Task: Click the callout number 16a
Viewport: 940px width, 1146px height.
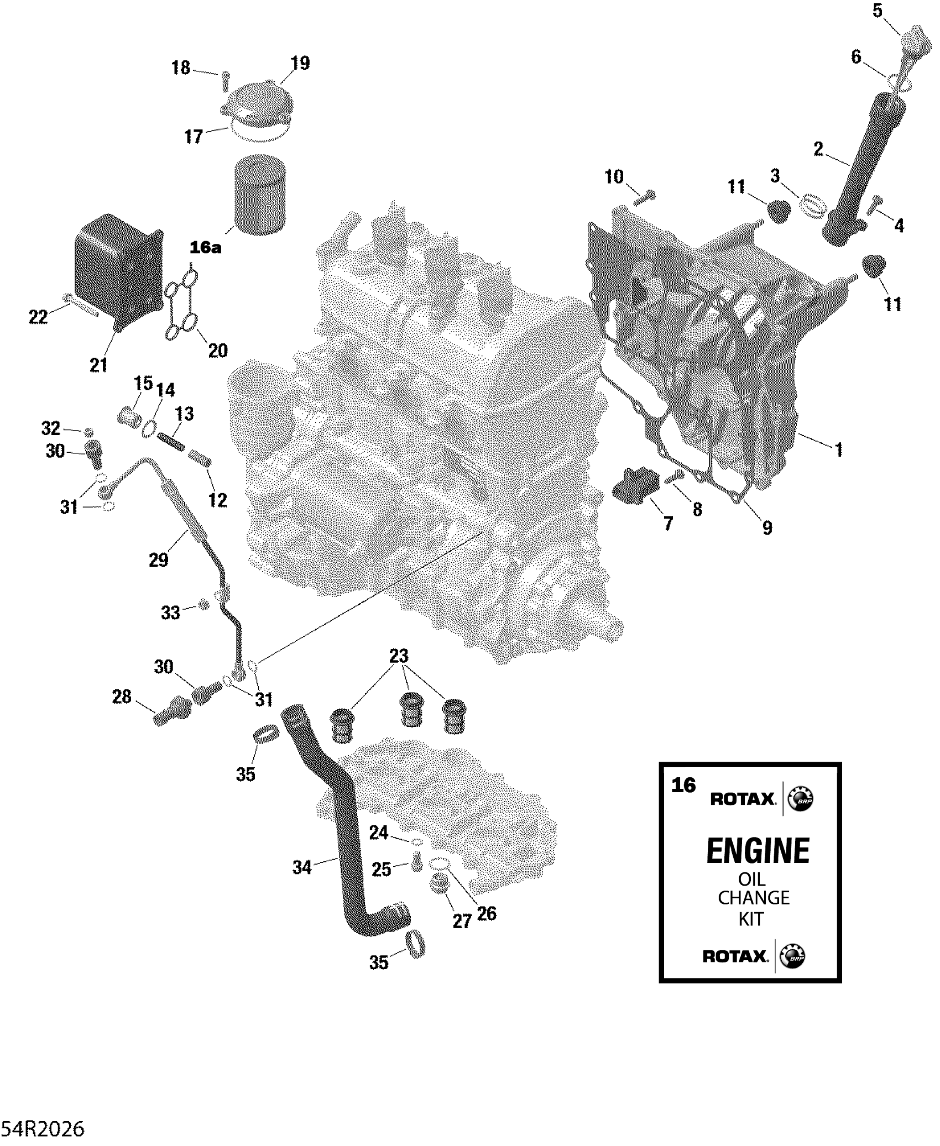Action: [205, 248]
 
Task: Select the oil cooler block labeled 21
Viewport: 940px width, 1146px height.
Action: [117, 271]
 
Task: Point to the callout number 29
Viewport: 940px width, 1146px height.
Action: [159, 561]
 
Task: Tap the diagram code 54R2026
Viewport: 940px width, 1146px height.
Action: [43, 1129]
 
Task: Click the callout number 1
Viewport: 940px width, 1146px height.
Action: [839, 450]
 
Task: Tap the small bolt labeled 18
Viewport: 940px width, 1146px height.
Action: [226, 80]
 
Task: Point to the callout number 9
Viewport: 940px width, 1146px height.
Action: [767, 528]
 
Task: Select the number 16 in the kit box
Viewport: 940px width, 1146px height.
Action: [683, 786]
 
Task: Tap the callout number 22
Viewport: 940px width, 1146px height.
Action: [38, 317]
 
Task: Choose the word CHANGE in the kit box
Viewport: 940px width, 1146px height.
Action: [753, 898]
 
